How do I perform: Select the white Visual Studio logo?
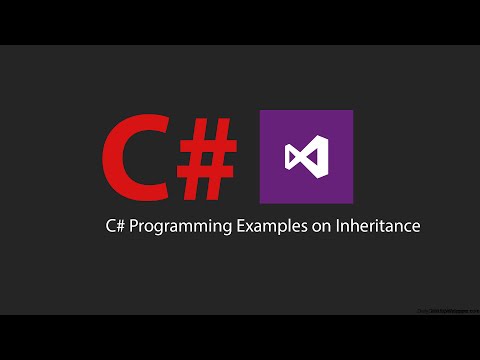coord(305,157)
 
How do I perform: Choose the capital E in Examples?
coord(233,226)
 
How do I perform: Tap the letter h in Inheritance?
coord(346,226)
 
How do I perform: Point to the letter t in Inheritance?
coord(383,226)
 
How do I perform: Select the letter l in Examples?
coord(274,226)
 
